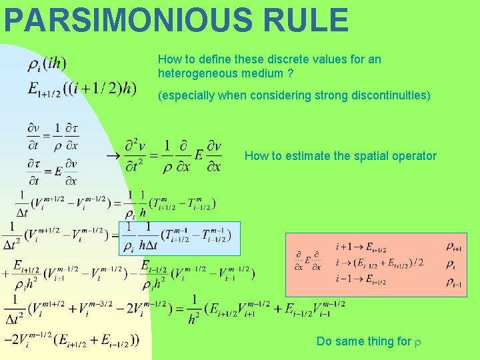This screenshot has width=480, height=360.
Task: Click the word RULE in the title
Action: (x=306, y=20)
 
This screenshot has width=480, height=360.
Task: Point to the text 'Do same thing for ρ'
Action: (x=369, y=341)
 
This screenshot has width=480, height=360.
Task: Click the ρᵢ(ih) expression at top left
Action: (x=47, y=65)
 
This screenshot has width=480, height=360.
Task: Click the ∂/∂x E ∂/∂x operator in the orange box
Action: (x=307, y=263)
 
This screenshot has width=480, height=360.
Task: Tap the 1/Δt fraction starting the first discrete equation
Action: (x=22, y=204)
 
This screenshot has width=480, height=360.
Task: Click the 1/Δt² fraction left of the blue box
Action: (x=12, y=236)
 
